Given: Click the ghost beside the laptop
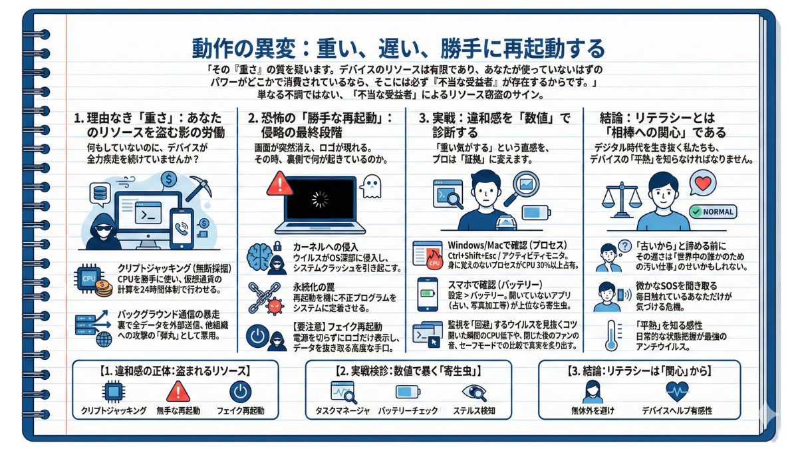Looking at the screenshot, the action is (372, 186).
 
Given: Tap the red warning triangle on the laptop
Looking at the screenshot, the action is (280, 184).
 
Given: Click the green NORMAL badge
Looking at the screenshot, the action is (713, 212).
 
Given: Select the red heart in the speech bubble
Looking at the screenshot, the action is (704, 183).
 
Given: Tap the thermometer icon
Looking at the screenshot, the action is (612, 335).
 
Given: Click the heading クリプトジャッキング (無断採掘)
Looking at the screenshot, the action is (174, 268).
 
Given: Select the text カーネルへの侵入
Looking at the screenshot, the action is (325, 247).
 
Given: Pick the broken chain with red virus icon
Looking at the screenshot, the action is (265, 299).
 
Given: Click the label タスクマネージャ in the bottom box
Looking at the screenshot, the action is (342, 411).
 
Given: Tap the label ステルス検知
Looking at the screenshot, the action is (473, 411).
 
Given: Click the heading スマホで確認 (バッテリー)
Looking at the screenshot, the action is (495, 285).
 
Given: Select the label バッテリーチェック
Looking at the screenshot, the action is (408, 411).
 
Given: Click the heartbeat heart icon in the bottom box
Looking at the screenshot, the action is (677, 392).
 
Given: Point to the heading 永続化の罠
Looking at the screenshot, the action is (314, 287).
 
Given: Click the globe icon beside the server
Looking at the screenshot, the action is (104, 339).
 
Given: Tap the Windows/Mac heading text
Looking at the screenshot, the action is (507, 245).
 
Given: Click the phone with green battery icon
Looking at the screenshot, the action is (428, 294).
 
